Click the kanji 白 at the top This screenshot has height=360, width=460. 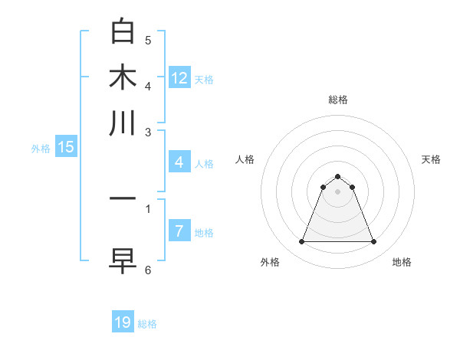(x=123, y=31)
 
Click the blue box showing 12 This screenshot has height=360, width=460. (x=179, y=78)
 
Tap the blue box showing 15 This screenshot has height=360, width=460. (x=66, y=147)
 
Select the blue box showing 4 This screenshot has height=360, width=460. (x=179, y=162)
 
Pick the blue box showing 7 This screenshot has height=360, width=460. (x=179, y=231)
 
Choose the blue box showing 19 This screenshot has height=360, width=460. (x=123, y=322)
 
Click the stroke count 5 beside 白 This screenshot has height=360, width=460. (x=148, y=40)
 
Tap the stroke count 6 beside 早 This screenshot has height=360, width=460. (x=148, y=270)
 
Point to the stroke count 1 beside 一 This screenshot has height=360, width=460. (x=148, y=207)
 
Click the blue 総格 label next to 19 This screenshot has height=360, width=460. (x=147, y=324)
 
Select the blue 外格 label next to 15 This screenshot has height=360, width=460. (x=41, y=149)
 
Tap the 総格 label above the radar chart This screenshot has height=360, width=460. (x=337, y=100)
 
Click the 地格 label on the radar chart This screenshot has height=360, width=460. (x=402, y=262)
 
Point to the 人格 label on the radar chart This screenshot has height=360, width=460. (x=245, y=159)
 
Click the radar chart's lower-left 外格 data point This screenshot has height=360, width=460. (x=301, y=242)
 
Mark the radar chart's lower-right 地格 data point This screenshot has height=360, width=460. (x=373, y=242)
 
